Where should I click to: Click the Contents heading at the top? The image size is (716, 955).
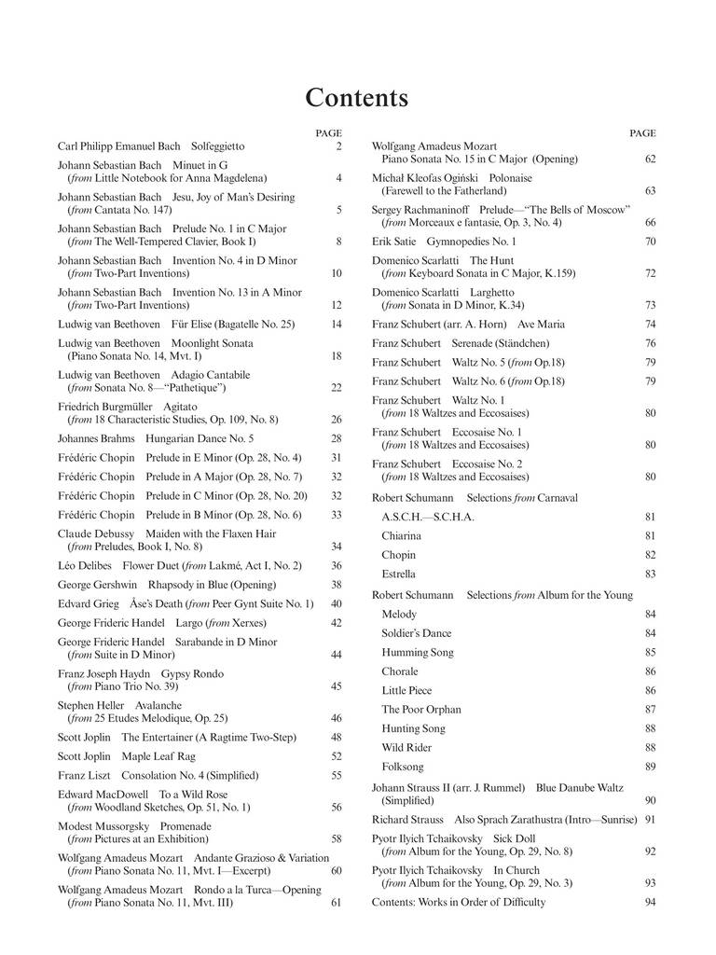[x=357, y=98]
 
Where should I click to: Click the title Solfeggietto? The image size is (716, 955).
[x=217, y=146]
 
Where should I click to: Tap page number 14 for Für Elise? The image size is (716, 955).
[x=336, y=324]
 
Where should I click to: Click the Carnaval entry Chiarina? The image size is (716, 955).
[x=401, y=536]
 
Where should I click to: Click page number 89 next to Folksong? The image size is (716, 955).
[x=650, y=767]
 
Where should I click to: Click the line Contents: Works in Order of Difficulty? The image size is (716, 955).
[x=459, y=902]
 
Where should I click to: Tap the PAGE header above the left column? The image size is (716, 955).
[x=328, y=132]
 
